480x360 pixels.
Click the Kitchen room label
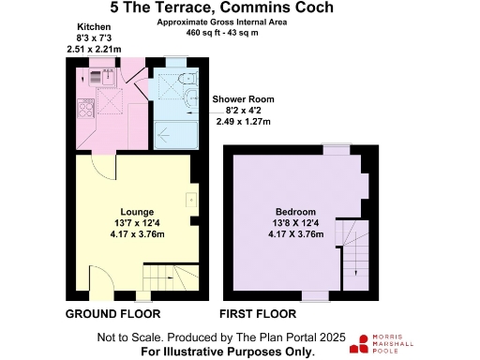94,27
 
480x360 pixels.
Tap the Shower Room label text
243,99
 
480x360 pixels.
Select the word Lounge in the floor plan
137,212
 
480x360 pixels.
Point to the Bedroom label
295,212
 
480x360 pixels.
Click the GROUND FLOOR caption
112,314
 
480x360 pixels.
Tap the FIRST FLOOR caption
258,314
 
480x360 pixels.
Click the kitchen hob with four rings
85,108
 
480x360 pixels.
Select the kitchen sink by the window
103,77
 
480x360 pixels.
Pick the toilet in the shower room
188,78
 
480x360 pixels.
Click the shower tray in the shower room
176,135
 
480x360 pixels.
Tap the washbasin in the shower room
191,98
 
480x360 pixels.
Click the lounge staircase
171,277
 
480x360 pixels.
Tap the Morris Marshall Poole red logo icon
359,344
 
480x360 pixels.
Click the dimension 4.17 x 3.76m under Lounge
137,234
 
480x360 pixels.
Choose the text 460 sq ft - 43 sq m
222,33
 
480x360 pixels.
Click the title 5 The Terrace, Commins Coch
222,7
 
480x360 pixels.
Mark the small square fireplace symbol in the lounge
191,200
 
